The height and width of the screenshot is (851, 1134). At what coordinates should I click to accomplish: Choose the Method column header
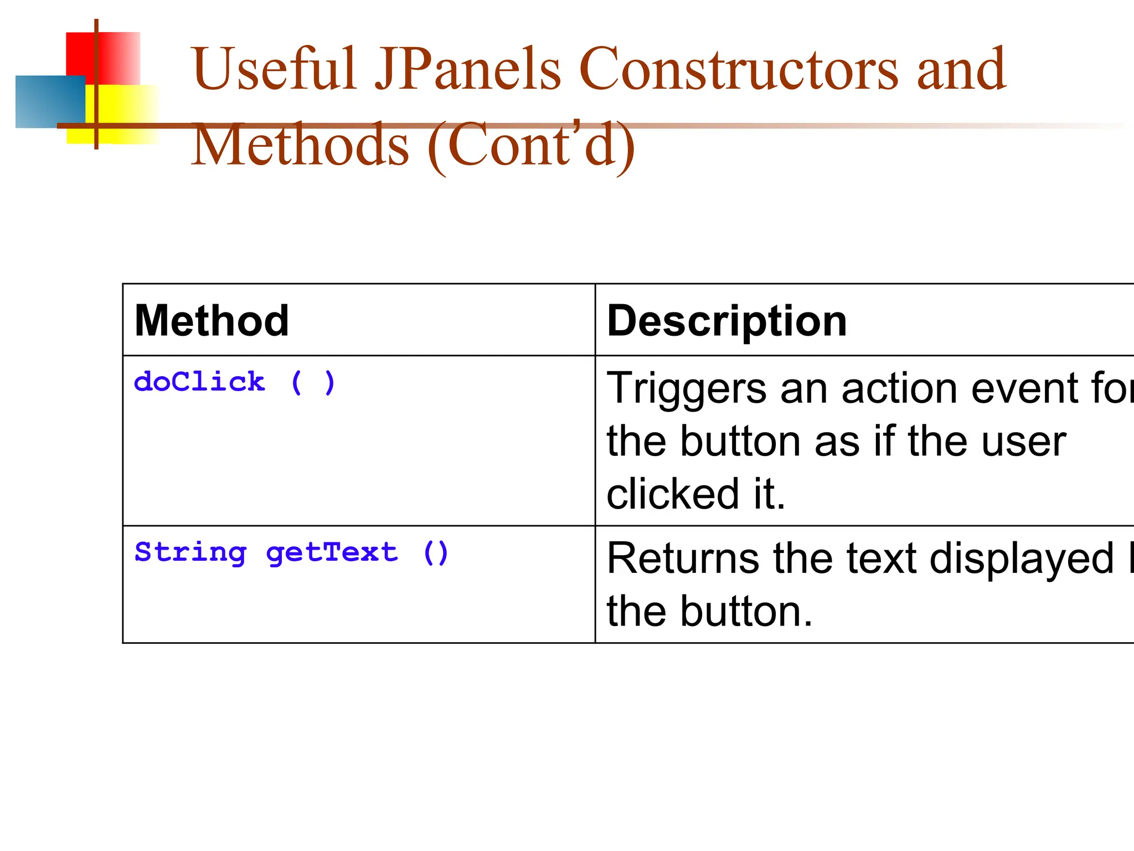coord(212,321)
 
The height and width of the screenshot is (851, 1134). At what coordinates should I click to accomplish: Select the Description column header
coord(727,321)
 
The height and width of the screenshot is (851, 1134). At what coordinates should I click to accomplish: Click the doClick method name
coord(199,382)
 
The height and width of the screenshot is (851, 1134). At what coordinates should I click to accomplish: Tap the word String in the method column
coord(190,552)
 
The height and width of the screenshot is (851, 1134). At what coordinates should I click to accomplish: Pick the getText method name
coord(332,552)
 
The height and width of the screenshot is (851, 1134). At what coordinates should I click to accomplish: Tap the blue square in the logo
coord(47,102)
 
